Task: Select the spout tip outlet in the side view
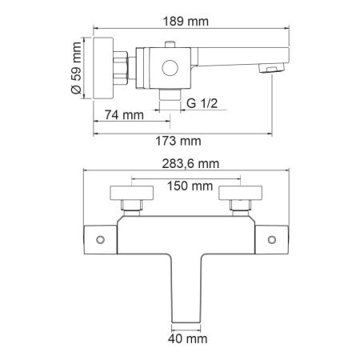point(272,70)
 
